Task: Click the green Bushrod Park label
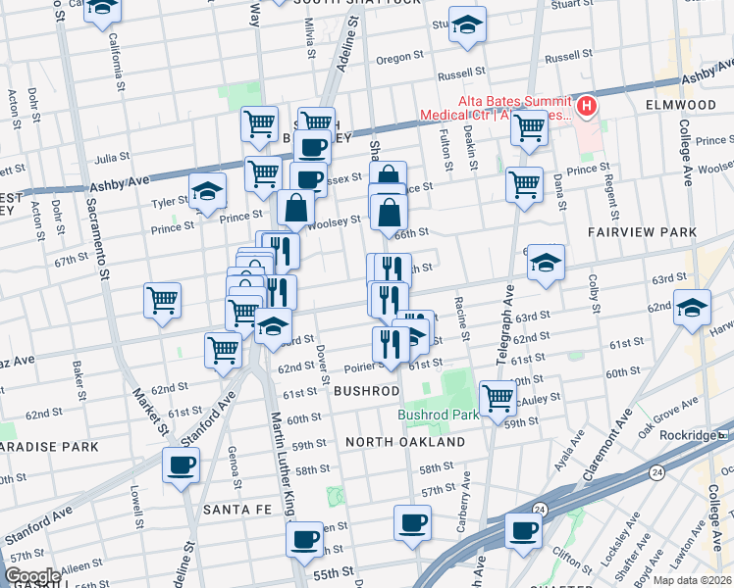(439, 415)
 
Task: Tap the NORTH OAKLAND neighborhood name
(405, 442)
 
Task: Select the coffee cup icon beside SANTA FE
(181, 465)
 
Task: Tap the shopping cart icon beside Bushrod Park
(498, 397)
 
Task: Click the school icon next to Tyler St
(207, 191)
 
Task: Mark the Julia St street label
(112, 157)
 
